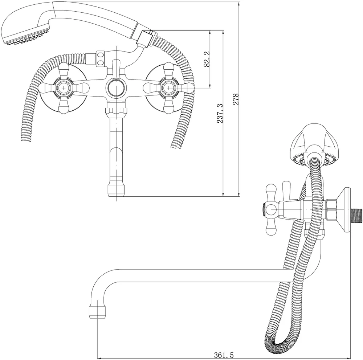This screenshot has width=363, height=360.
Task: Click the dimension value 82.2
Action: pyautogui.click(x=207, y=59)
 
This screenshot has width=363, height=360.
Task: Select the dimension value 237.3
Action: pyautogui.click(x=220, y=114)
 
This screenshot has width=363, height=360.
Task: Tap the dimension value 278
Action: pyautogui.click(x=236, y=99)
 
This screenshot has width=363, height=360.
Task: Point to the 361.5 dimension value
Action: pyautogui.click(x=224, y=355)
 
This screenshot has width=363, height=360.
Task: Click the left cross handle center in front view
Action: pyautogui.click(x=64, y=88)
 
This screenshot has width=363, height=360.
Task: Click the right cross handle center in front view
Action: pyautogui.click(x=169, y=88)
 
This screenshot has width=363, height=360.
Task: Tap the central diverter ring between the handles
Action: pyautogui.click(x=116, y=88)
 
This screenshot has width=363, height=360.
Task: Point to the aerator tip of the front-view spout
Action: pyautogui.click(x=116, y=190)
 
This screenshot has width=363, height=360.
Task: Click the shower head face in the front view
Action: pyautogui.click(x=26, y=37)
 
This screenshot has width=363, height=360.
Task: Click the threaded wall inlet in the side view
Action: pyautogui.click(x=356, y=210)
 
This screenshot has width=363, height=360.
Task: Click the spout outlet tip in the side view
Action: pyautogui.click(x=97, y=312)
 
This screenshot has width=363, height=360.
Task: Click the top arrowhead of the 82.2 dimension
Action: pyautogui.click(x=210, y=32)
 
